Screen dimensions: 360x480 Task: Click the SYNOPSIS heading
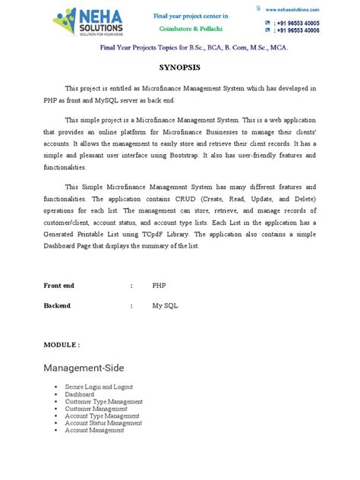[179, 67]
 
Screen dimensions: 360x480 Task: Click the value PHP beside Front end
[159, 286]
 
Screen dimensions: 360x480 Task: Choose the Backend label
[58, 305]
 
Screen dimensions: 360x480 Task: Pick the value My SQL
[163, 305]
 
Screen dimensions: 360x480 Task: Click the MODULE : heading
[62, 344]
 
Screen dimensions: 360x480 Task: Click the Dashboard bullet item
[80, 394]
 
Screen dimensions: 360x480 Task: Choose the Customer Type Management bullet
[103, 401]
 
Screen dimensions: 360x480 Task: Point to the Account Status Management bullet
[103, 423]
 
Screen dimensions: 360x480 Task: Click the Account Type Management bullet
[102, 415]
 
